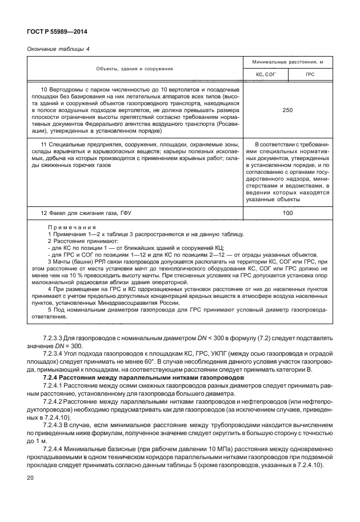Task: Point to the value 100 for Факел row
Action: coord(288,213)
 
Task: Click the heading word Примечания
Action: coord(71,228)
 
